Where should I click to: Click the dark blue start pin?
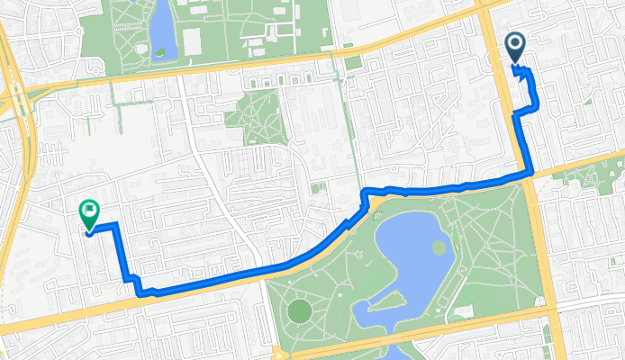(516, 47)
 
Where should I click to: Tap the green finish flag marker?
(89, 211)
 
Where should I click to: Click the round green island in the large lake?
(439, 247)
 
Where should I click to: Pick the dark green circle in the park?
(299, 312)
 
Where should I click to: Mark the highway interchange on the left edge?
(15, 90)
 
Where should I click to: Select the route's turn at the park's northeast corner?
(530, 174)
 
